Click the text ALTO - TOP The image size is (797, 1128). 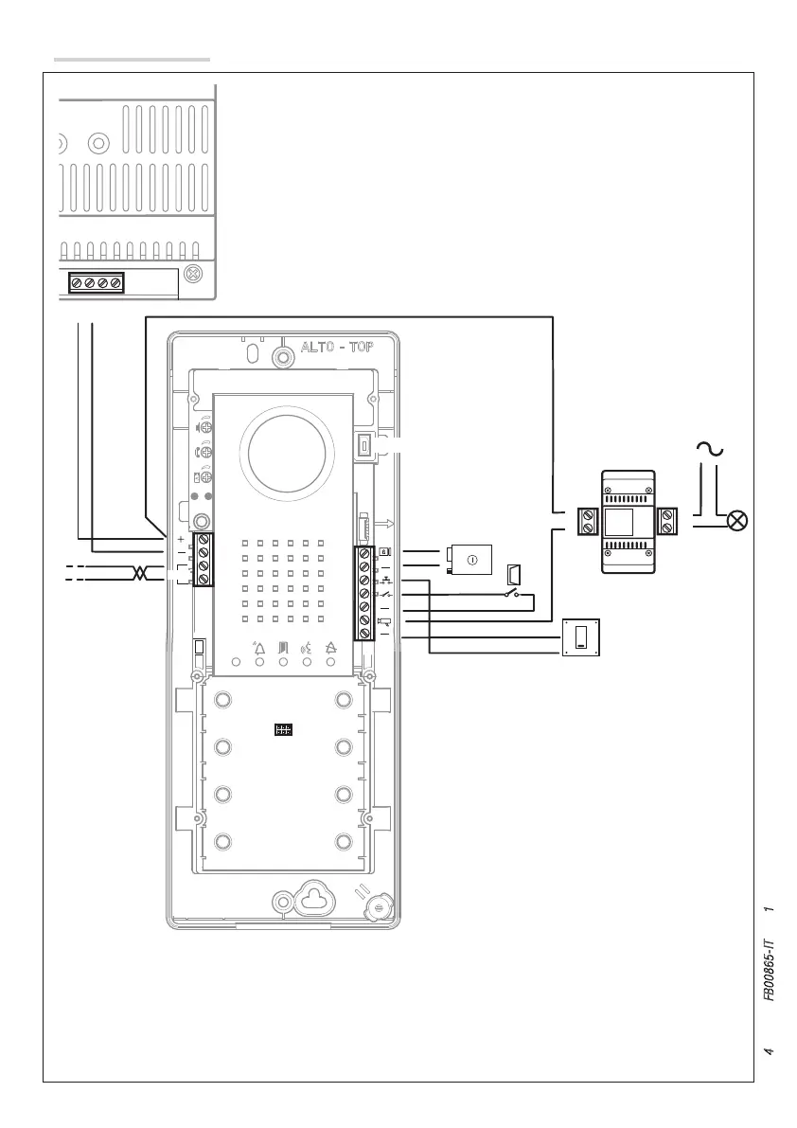[x=337, y=347]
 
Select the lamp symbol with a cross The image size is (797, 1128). [x=736, y=520]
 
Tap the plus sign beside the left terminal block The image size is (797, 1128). [x=180, y=539]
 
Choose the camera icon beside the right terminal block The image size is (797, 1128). [x=384, y=621]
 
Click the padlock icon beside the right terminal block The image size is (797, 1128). [x=383, y=551]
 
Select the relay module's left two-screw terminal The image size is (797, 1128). [x=587, y=520]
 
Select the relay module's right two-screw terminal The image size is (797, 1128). [x=668, y=520]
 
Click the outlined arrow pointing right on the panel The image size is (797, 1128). [x=383, y=523]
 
